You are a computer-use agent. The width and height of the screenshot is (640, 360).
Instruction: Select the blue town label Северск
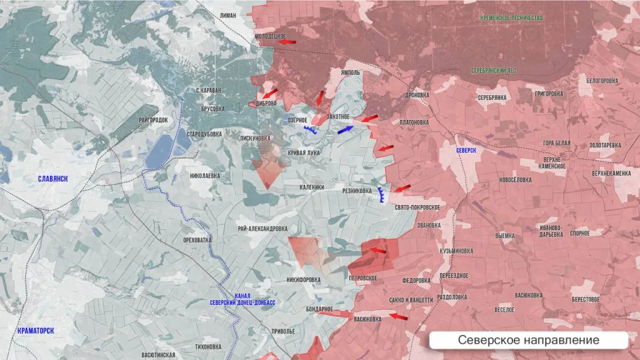pos(466,151)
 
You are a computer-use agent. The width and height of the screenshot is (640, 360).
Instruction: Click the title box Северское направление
pos(528,340)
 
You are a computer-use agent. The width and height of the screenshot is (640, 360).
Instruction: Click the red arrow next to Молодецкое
pos(287,42)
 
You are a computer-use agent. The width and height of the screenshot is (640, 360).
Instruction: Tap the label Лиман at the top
pos(229,15)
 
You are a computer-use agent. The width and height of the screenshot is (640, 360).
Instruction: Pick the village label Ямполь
pos(351,72)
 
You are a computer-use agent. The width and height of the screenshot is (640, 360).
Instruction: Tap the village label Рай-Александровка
pos(262,229)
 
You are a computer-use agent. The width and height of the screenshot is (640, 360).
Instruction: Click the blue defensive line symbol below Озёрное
pos(310,130)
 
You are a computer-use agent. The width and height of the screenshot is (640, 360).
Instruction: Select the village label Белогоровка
pos(602,81)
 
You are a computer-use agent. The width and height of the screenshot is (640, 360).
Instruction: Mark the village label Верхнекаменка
pos(611,173)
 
